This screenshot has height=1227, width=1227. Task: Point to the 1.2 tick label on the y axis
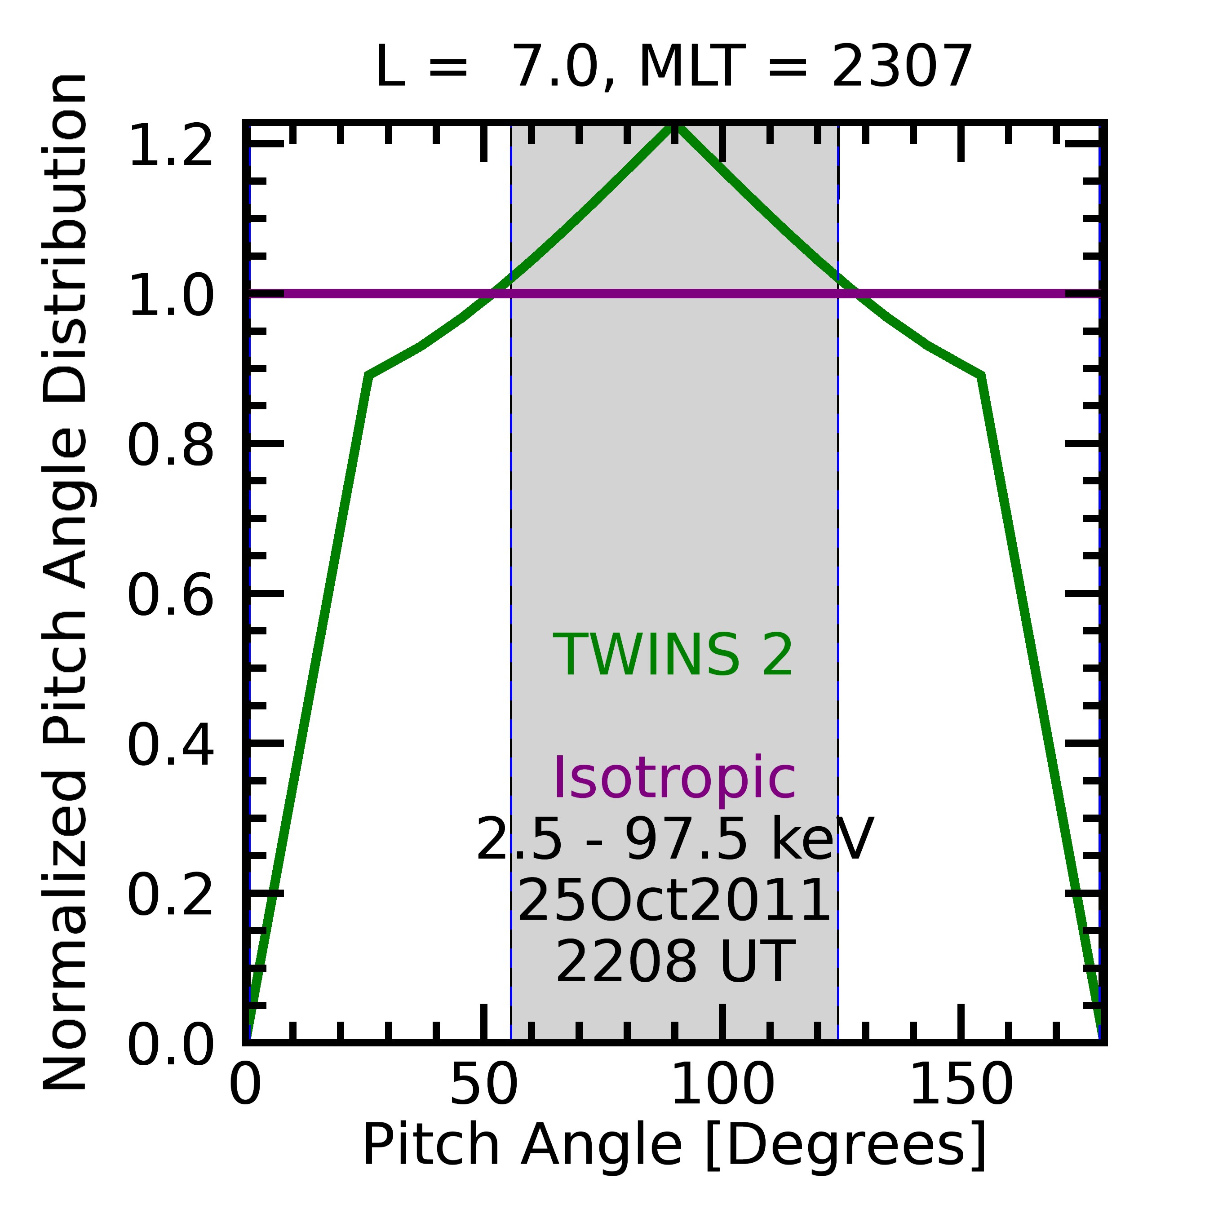coord(170,146)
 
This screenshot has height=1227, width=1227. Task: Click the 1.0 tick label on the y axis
coord(170,295)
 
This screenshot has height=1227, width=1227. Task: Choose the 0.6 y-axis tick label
coord(170,594)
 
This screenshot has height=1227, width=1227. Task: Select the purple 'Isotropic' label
coord(674,779)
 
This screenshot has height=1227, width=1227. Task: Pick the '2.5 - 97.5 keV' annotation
coord(674,840)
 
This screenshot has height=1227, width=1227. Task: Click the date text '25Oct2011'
coord(674,900)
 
